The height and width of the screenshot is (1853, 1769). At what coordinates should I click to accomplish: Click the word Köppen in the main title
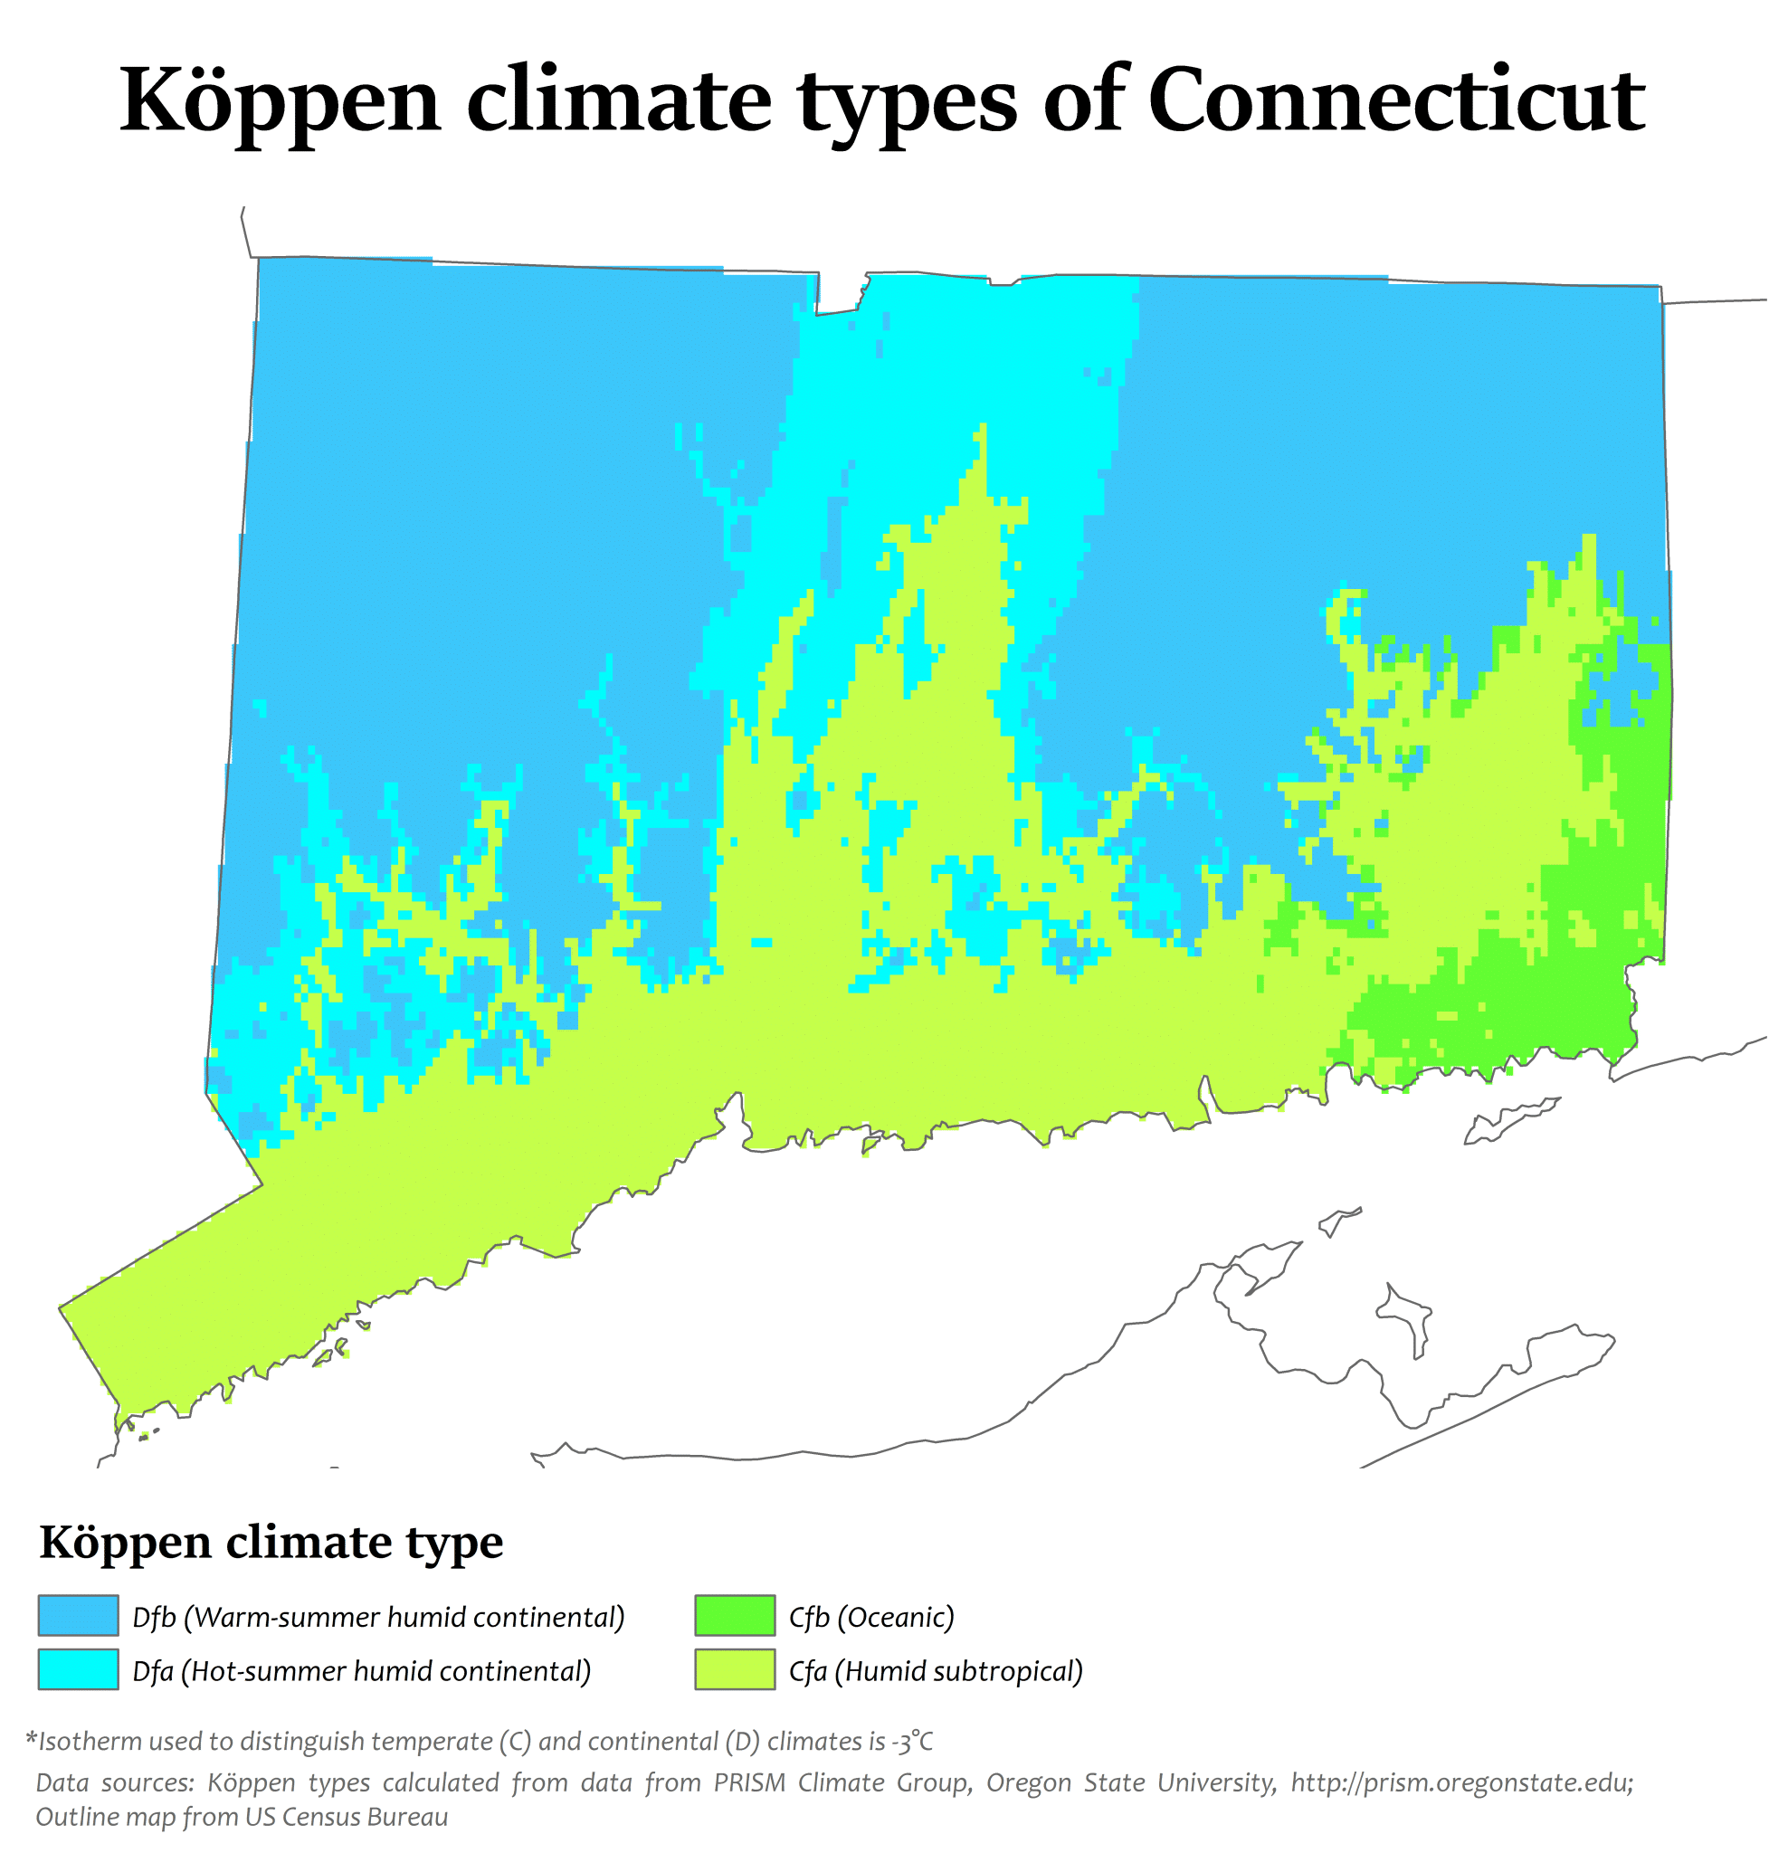coord(281,102)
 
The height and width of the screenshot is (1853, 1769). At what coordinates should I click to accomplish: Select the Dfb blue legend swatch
coord(78,1615)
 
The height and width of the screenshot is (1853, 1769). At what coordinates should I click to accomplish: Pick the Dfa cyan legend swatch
coord(78,1669)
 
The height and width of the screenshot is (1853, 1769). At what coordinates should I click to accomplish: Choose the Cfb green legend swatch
coord(735,1615)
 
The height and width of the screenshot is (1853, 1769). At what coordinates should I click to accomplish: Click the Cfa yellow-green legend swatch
coord(735,1669)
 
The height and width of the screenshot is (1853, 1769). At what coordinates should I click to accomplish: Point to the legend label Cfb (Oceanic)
coord(871,1617)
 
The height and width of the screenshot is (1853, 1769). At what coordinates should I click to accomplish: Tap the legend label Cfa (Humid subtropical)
coord(936,1671)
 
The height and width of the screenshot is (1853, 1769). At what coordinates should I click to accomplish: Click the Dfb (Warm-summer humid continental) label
coord(378,1617)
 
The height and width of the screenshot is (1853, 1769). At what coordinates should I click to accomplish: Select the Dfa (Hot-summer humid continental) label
coord(361,1671)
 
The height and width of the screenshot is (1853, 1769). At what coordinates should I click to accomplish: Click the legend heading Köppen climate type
coord(271,1544)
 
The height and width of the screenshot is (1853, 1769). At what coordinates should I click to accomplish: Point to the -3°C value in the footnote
coord(911,1741)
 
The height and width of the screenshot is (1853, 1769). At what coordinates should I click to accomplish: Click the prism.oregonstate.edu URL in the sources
coord(1460,1782)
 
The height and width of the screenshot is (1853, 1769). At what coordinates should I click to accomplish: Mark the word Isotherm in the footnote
coord(90,1741)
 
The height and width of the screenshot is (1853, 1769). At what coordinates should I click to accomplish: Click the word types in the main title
coord(908,102)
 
